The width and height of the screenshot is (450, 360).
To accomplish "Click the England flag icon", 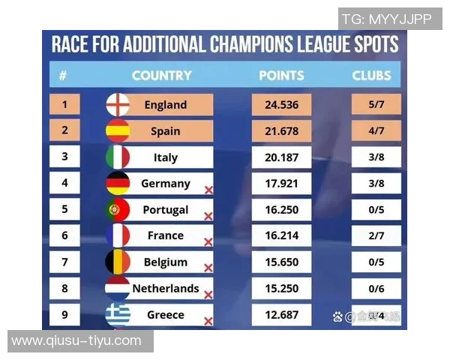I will click(118, 105).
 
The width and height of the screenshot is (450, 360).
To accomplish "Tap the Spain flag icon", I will click(118, 131).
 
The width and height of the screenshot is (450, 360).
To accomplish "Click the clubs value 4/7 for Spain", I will click(376, 131).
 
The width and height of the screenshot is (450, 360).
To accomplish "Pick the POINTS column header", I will click(281, 76).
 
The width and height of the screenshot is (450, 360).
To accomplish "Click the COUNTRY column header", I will click(161, 76).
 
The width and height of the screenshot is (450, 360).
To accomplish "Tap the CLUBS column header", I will click(371, 76).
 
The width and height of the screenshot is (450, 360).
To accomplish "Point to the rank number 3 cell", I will click(64, 157).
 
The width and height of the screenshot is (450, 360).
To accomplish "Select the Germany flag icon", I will click(118, 184).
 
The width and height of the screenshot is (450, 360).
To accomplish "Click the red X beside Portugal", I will click(208, 216).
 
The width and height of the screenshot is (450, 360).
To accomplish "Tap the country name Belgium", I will click(166, 262).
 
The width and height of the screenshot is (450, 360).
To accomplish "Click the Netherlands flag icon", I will click(118, 289).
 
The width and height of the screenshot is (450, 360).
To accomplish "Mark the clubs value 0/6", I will click(376, 289).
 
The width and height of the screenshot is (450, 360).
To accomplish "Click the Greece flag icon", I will click(118, 314).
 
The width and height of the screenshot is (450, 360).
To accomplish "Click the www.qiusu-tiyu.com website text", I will click(76, 341).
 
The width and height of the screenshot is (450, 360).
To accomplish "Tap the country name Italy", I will click(166, 157).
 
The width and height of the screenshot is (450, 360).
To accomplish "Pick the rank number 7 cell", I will click(64, 262).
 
